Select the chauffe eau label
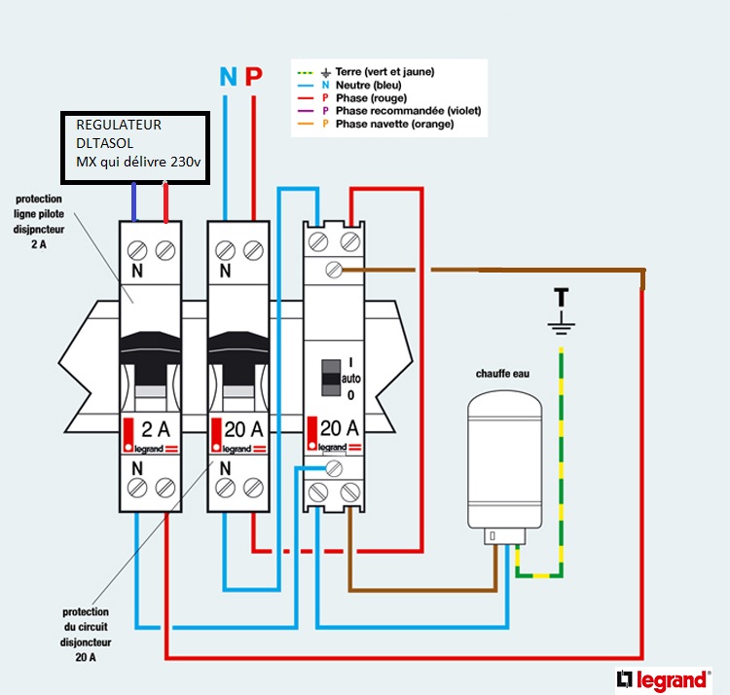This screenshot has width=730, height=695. coord(502,374)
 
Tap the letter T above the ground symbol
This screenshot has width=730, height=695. coord(561,295)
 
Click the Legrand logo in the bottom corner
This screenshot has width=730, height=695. coord(662,678)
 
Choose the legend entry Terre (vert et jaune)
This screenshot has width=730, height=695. coord(383,72)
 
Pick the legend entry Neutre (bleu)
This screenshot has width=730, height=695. coord(371,86)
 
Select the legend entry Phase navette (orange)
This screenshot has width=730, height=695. coord(394,125)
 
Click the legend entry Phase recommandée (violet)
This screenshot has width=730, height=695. coord(408,111)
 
